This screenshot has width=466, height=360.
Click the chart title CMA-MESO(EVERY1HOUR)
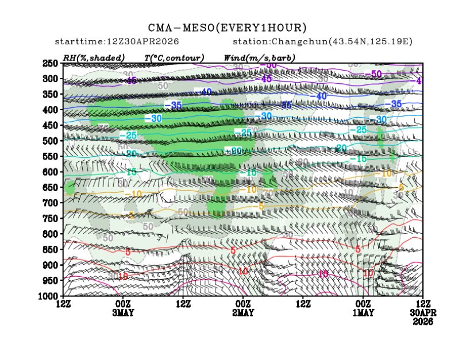228,28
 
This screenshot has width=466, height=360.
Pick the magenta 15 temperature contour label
323,274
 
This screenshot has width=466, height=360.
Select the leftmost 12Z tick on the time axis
63,303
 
